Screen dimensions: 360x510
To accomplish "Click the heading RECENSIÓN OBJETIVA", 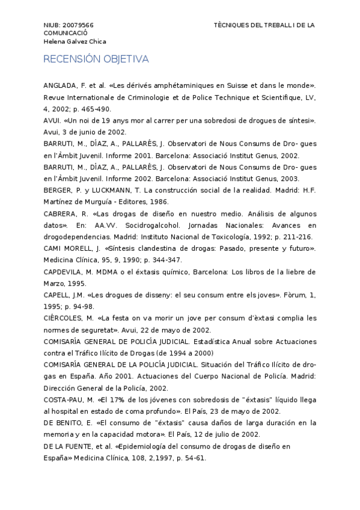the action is (x=96, y=59).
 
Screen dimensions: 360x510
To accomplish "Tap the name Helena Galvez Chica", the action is (x=75, y=42).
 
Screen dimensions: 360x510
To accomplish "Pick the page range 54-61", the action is (x=191, y=458).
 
